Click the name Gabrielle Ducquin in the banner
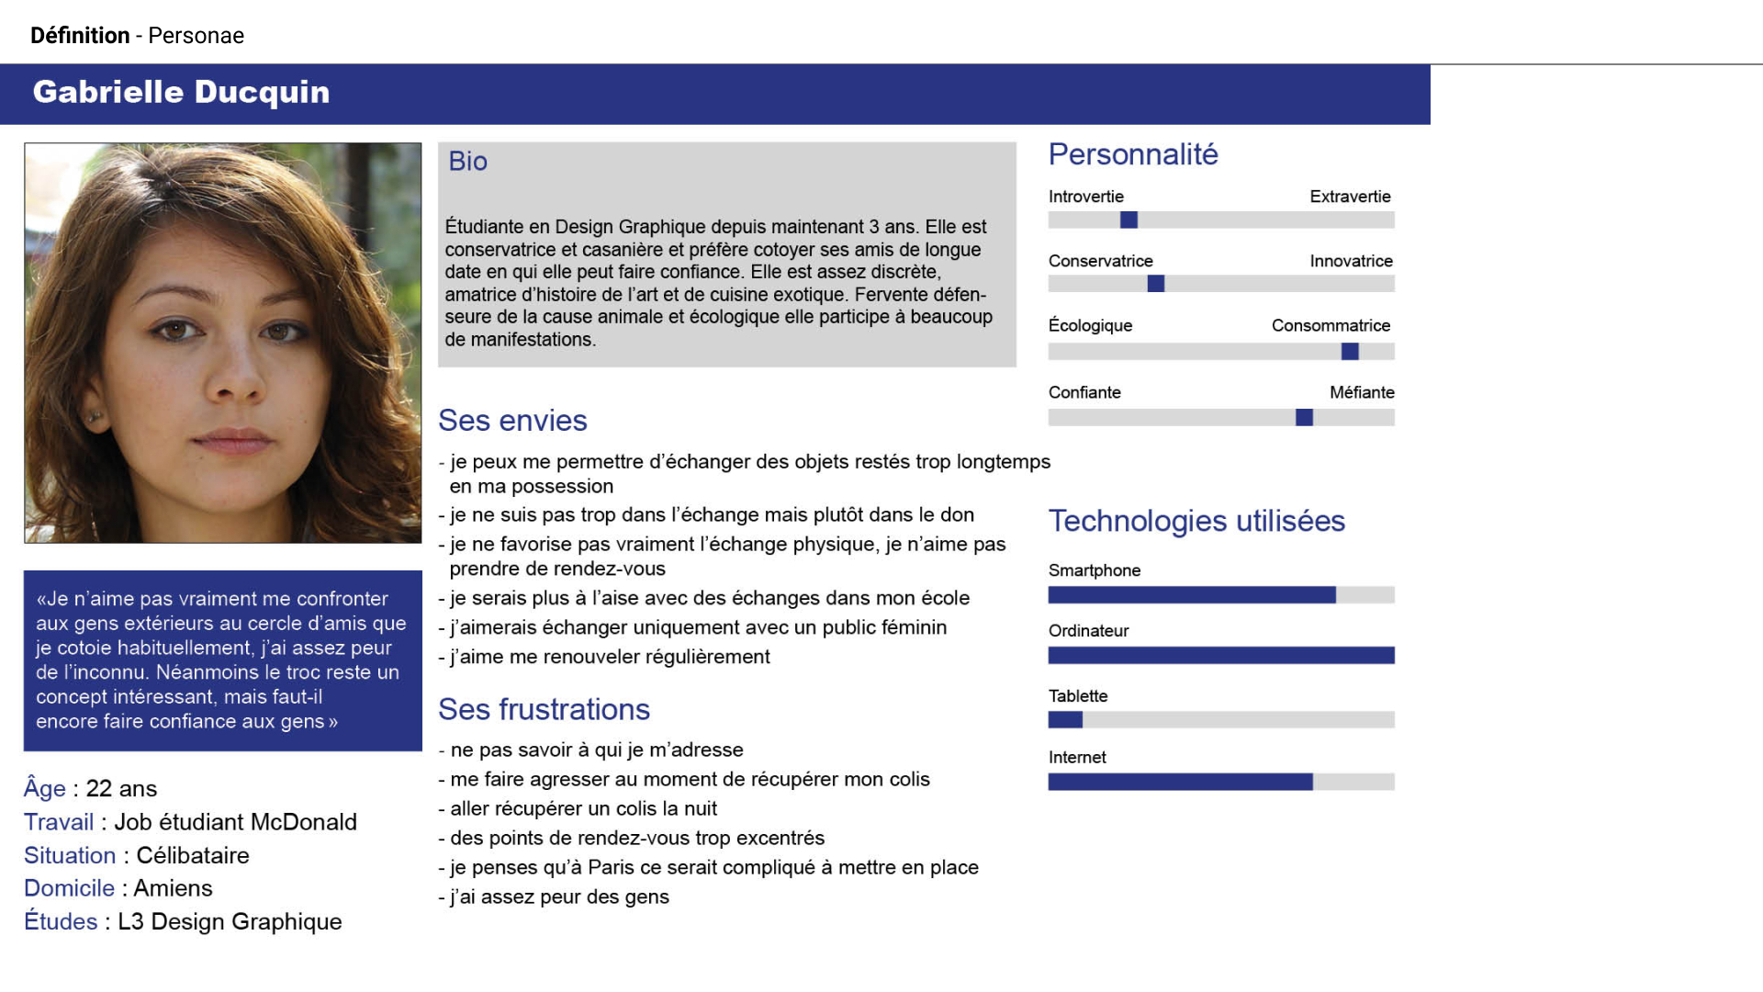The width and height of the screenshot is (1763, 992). [181, 93]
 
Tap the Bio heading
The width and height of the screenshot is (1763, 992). [467, 162]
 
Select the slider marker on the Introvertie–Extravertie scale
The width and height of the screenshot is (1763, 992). [1129, 220]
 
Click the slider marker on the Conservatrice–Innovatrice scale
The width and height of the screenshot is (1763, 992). [1156, 284]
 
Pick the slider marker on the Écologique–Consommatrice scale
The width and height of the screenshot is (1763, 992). [1350, 351]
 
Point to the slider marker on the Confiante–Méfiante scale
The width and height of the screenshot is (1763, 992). [1304, 418]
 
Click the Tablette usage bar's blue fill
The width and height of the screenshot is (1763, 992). [1065, 720]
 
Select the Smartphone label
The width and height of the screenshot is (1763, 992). [1095, 570]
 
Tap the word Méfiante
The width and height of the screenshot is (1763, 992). [1362, 392]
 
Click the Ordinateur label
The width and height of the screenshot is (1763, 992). [1088, 631]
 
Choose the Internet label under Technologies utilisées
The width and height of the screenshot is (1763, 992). [1077, 758]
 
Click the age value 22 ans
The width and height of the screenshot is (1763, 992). [121, 789]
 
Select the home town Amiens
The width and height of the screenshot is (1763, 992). [173, 888]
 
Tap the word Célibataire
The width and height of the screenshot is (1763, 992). [193, 855]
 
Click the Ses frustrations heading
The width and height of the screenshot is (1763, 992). [544, 710]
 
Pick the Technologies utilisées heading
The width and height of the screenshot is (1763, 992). [1196, 521]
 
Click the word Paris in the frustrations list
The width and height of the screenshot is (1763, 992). [611, 868]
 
